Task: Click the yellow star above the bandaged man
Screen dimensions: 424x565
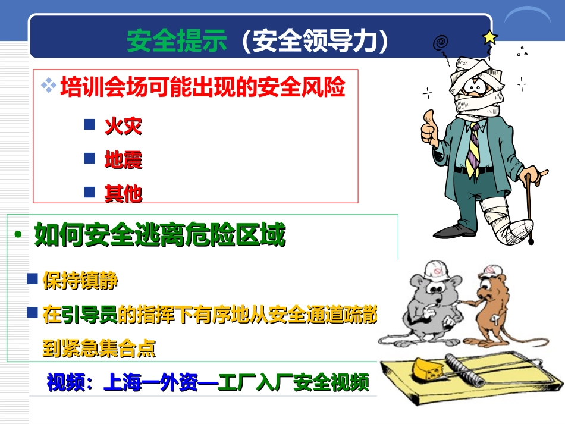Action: [490, 37]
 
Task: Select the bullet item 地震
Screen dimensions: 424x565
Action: [123, 159]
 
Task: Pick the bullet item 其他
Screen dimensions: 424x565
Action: [123, 193]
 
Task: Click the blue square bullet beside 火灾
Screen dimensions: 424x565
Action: [89, 124]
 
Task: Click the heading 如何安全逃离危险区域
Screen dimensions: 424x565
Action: [159, 235]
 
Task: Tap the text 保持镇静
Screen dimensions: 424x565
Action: [80, 280]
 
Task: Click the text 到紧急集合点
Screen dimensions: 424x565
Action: [99, 348]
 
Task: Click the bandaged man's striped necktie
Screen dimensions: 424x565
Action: [473, 149]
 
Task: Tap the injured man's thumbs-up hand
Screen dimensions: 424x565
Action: [429, 128]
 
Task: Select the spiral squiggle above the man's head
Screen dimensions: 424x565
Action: [440, 43]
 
